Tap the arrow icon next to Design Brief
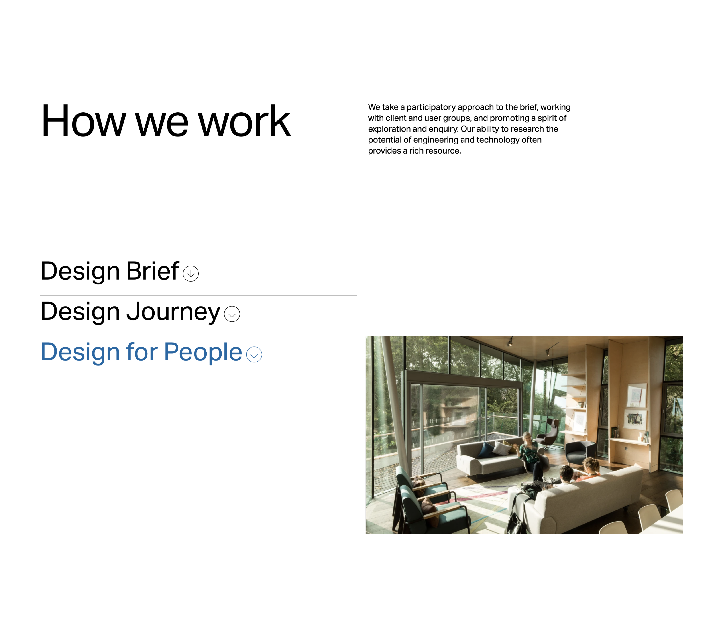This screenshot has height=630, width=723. pyautogui.click(x=191, y=274)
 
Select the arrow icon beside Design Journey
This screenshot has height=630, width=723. pyautogui.click(x=232, y=314)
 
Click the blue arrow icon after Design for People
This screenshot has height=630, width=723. pyautogui.click(x=254, y=354)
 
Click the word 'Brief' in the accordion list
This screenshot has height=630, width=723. pyautogui.click(x=153, y=271)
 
